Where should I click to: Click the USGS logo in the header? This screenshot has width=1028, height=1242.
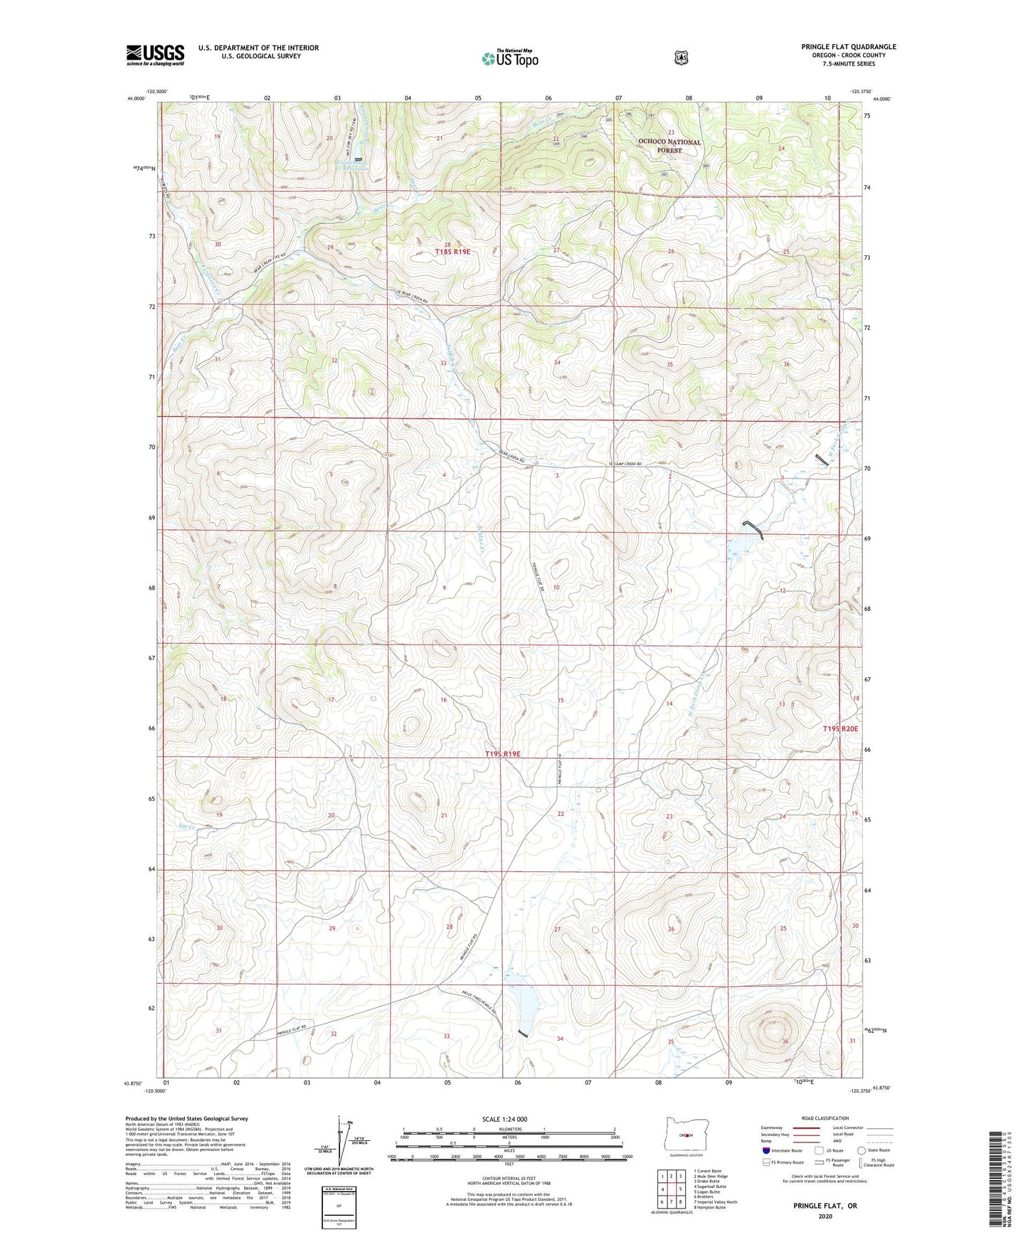[x=155, y=55]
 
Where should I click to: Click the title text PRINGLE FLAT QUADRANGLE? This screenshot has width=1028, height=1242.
[x=848, y=47]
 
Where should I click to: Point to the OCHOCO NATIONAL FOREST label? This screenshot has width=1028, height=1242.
[x=669, y=146]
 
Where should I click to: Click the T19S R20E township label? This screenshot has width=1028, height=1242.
[x=840, y=728]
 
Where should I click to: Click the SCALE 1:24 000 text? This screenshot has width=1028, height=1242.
[x=504, y=1119]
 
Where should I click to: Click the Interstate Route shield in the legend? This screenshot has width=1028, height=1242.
[x=765, y=1150]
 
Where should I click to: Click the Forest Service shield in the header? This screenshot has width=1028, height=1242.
[x=682, y=57]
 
